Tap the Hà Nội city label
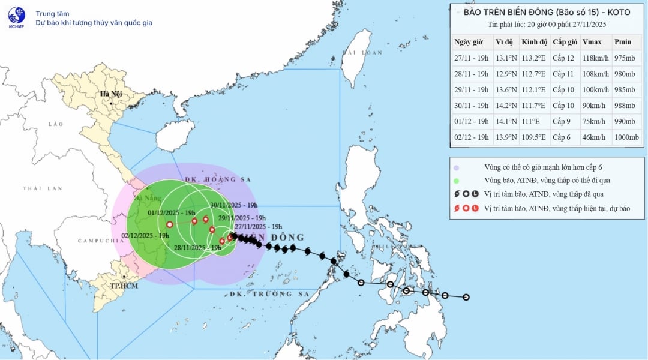[111, 94]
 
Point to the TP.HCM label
[122, 286]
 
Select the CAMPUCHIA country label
[96, 241]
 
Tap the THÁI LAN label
[43, 188]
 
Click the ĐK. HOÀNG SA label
[217, 179]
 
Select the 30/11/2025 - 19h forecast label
[233, 205]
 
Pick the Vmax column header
[592, 42]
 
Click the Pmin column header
[623, 42]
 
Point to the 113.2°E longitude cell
[533, 58]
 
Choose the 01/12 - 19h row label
[472, 122]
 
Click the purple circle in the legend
[457, 168]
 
